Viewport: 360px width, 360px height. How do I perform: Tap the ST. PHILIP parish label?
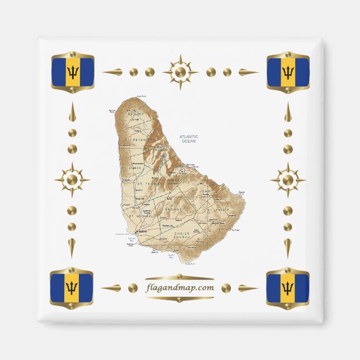click(x=217, y=210)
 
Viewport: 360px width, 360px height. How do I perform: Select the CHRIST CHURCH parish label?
click(x=183, y=235)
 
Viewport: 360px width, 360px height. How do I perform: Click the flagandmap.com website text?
click(x=179, y=288)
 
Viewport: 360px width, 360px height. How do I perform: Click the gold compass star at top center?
click(x=180, y=72)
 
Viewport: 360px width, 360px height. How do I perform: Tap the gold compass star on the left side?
click(x=72, y=180)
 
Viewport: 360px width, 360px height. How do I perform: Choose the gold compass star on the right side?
click(x=288, y=180)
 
